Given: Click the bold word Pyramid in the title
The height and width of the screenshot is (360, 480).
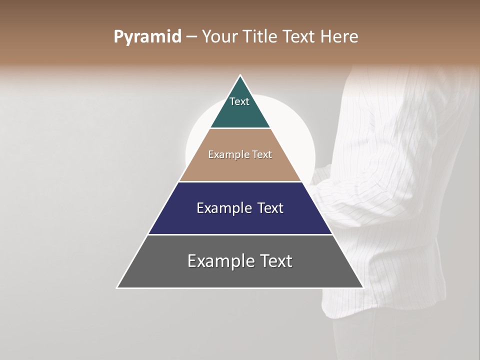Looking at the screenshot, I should point(147,37).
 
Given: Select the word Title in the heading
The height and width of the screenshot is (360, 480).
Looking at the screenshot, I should point(260,37).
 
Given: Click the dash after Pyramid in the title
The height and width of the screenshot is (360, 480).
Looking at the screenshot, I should point(191,37).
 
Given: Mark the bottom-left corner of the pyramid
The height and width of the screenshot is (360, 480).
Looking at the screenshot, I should point(118,287).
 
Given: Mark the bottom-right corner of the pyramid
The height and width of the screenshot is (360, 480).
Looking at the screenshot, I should point(362,287).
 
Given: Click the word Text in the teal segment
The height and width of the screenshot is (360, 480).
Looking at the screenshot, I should point(239,101).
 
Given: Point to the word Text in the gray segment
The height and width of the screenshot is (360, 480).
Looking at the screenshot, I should point(274,261).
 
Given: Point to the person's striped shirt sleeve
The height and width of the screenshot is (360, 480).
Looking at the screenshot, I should point(370,200).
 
